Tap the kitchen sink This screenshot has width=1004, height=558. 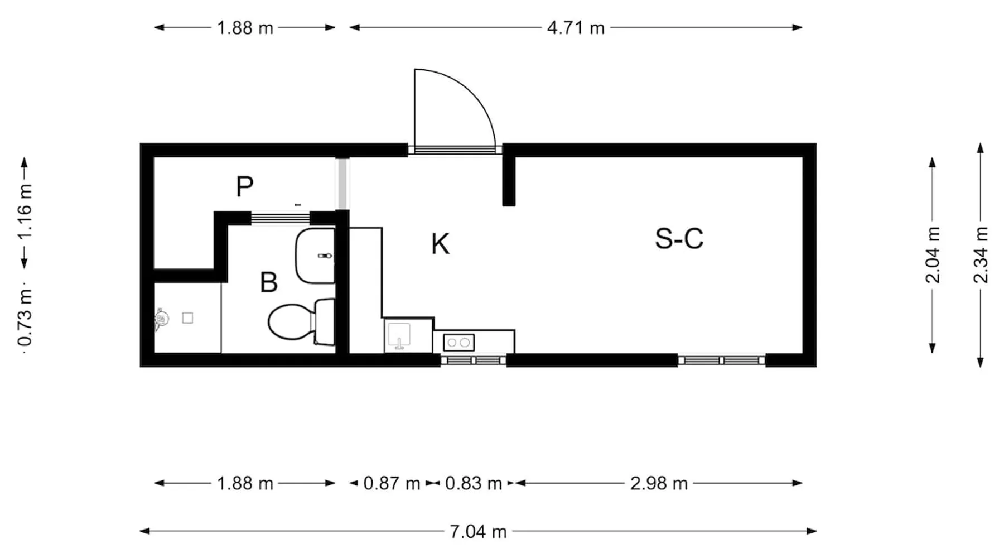399,336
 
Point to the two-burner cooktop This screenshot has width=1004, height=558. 458,343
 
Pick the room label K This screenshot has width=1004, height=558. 440,244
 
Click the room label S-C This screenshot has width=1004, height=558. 679,239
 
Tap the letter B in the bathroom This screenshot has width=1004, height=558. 269,282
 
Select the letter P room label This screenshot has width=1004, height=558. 245,186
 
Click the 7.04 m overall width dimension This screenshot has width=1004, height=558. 479,532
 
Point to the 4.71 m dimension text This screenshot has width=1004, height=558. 576,28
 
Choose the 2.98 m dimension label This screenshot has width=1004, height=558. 659,483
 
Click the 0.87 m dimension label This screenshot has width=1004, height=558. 392,483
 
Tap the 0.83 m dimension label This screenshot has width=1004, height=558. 474,483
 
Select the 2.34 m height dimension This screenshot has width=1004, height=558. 981,255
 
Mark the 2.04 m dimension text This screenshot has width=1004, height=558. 933,255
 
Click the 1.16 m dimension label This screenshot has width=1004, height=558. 25,211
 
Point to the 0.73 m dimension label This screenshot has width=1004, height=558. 25,318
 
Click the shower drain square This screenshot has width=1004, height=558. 188,318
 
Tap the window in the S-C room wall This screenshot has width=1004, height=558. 721,360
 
